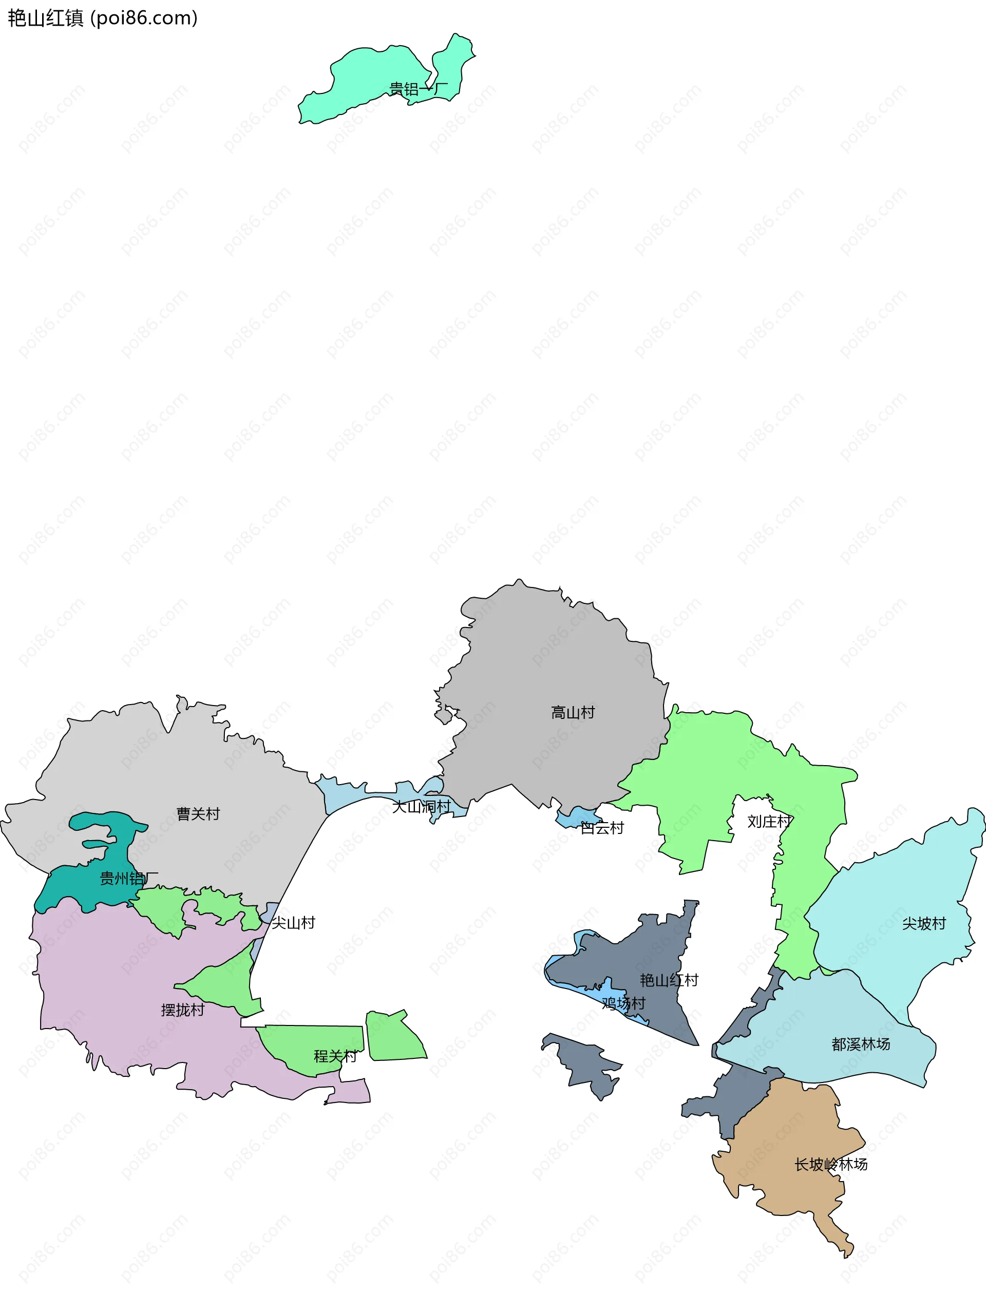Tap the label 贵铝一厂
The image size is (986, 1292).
[418, 89]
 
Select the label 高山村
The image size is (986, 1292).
[573, 713]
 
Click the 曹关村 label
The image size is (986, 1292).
[198, 814]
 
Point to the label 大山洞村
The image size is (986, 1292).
[422, 807]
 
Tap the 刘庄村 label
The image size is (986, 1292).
[769, 822]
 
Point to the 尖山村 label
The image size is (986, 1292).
[293, 923]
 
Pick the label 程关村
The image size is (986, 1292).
[335, 1057]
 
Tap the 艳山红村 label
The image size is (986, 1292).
[669, 980]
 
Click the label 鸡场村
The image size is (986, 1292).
[623, 1004]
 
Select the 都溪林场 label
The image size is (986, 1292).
[860, 1044]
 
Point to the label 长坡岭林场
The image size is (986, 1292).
[830, 1165]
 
